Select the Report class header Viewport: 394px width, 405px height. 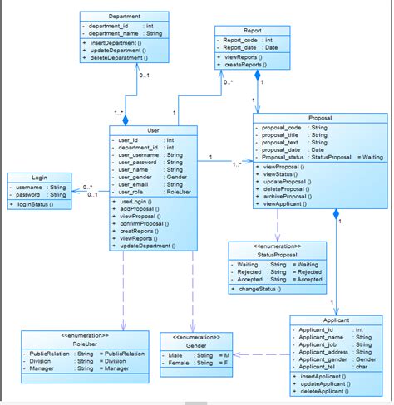tap(252, 30)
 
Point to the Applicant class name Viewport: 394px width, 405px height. tap(332, 320)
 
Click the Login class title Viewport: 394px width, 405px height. tap(39, 178)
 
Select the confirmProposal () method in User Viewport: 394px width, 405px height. tap(145, 223)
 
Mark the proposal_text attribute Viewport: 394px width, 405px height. tap(281, 142)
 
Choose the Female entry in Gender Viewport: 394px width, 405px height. tap(178, 364)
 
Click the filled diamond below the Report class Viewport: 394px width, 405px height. tap(258, 76)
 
